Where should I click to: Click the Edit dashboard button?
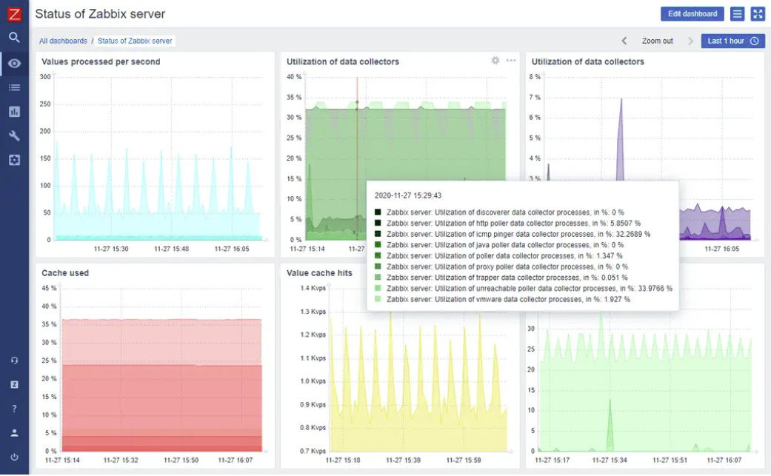(692, 14)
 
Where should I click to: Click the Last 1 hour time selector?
(732, 41)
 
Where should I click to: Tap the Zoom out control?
(657, 41)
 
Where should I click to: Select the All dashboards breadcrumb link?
(63, 41)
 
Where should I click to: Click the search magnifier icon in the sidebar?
(14, 37)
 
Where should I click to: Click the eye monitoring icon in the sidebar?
(14, 64)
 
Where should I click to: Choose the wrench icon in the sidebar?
(14, 135)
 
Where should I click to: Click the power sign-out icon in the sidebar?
(14, 457)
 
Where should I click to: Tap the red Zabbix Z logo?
(14, 13)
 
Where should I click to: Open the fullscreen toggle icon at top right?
(757, 14)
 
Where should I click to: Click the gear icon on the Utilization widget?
(495, 61)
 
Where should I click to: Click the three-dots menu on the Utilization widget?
(511, 61)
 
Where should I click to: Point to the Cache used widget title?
(65, 273)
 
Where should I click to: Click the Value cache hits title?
(319, 273)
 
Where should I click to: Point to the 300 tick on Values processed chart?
(45, 77)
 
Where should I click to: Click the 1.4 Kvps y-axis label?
(313, 288)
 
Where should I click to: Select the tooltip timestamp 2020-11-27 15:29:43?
(408, 195)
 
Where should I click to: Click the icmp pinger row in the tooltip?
(518, 234)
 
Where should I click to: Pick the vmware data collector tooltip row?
(508, 300)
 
